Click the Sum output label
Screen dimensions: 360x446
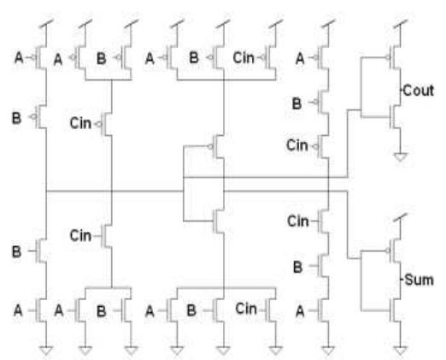pyautogui.click(x=418, y=280)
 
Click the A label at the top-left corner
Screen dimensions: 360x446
pyautogui.click(x=21, y=58)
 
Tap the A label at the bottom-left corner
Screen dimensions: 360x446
pyautogui.click(x=21, y=311)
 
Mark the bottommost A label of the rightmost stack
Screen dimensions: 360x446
pyautogui.click(x=298, y=311)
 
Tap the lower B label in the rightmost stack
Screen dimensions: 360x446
pyautogui.click(x=298, y=268)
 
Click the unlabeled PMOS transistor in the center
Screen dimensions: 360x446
pyautogui.click(x=218, y=147)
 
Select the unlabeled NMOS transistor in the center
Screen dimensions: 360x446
pyautogui.click(x=218, y=220)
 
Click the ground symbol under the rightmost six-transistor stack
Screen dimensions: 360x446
pyautogui.click(x=326, y=348)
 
